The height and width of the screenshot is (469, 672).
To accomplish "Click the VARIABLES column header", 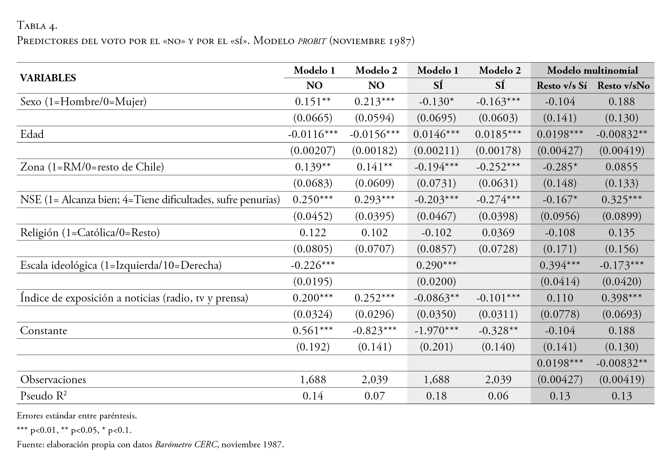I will click(x=48, y=78).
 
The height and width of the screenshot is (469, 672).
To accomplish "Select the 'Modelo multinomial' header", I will click(x=592, y=70).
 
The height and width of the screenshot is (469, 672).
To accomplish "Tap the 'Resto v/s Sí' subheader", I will click(x=562, y=86).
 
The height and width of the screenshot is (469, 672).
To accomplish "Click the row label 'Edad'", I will click(x=32, y=134).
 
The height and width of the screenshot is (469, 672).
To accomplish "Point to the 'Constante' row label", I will click(x=44, y=331).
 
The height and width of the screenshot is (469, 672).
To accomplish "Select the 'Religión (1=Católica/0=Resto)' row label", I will click(x=90, y=233).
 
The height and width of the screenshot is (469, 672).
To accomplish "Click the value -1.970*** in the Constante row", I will click(x=436, y=331).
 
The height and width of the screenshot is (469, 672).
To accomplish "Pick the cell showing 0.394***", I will click(x=560, y=265).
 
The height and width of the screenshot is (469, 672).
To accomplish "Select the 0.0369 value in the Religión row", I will click(x=498, y=233).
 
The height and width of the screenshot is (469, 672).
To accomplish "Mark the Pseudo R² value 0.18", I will click(x=436, y=396).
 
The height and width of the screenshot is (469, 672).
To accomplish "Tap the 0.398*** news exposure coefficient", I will click(x=622, y=298).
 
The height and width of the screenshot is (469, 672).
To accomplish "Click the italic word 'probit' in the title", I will click(x=312, y=41).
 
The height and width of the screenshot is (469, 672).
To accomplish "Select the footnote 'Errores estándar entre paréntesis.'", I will click(x=77, y=416).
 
